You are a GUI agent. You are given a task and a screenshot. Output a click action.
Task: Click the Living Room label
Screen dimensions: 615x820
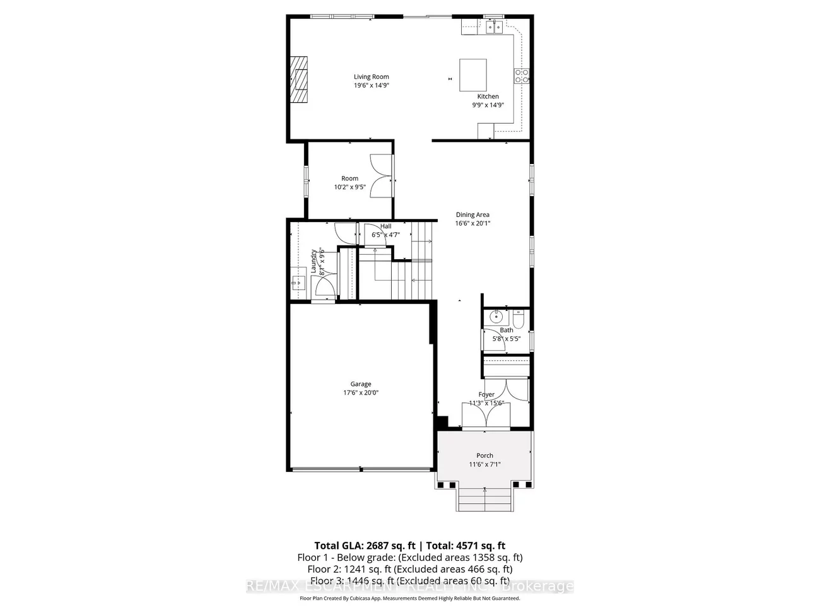[x=371, y=77]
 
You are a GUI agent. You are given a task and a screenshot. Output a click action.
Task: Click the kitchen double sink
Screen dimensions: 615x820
[x=493, y=26]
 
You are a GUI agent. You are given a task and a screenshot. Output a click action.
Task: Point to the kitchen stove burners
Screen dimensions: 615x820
[x=522, y=76]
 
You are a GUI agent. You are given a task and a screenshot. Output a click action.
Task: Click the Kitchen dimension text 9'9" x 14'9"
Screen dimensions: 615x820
[x=488, y=105]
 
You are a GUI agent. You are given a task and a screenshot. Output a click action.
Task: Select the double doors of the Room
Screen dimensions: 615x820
[x=381, y=178]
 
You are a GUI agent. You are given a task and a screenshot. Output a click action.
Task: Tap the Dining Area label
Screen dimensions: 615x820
[x=472, y=214]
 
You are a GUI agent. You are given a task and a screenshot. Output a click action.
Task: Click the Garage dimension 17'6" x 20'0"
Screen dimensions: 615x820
[x=361, y=392]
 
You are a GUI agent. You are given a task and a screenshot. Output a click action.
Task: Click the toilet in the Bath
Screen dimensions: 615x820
[x=518, y=320]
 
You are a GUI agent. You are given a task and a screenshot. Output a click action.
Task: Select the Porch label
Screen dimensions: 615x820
[x=484, y=455]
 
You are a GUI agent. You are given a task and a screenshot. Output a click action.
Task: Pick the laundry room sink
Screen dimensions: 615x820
[x=298, y=283]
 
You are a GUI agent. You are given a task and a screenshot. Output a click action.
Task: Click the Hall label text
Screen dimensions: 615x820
[x=385, y=226]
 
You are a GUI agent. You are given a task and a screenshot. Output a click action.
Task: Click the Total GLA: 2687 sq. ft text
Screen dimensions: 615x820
[x=364, y=546]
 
